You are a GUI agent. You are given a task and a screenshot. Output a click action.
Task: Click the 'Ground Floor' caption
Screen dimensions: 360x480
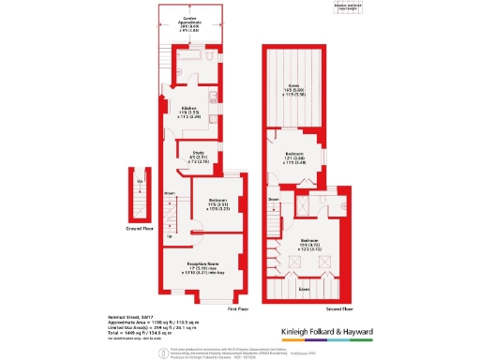coord(141,227)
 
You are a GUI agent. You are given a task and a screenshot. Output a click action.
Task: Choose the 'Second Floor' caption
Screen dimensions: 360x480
coord(338,307)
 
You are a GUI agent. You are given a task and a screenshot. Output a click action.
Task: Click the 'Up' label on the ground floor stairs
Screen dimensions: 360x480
coord(140,182)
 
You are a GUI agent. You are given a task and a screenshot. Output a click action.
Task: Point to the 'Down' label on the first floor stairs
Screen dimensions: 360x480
coord(170,194)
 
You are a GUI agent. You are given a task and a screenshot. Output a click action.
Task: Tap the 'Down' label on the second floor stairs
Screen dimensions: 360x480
coord(274,200)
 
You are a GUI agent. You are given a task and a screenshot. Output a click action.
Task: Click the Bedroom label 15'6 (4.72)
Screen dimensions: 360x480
coord(310,242)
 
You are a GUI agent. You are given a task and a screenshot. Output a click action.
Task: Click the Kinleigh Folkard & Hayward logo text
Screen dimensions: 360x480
coord(327,331)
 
